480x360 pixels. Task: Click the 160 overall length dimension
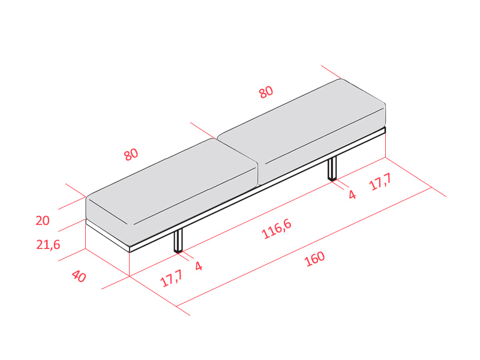click(x=314, y=259)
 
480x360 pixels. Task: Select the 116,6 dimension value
click(x=277, y=229)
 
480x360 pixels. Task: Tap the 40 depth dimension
click(x=79, y=276)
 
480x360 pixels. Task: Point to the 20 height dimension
click(x=43, y=220)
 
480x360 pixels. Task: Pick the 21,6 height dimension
click(x=48, y=245)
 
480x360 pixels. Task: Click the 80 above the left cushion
click(x=131, y=154)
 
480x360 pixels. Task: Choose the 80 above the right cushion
click(x=266, y=92)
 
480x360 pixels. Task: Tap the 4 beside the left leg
click(x=199, y=266)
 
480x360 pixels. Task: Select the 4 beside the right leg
click(x=352, y=194)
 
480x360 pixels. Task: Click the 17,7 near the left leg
click(x=172, y=278)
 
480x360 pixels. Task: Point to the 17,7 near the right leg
click(x=380, y=182)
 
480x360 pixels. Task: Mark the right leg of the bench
click(x=332, y=169)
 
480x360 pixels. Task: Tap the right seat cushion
click(x=302, y=131)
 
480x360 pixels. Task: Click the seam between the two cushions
click(x=237, y=150)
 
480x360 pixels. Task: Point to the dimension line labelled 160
click(x=304, y=247)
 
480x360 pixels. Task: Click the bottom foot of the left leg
click(x=178, y=251)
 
